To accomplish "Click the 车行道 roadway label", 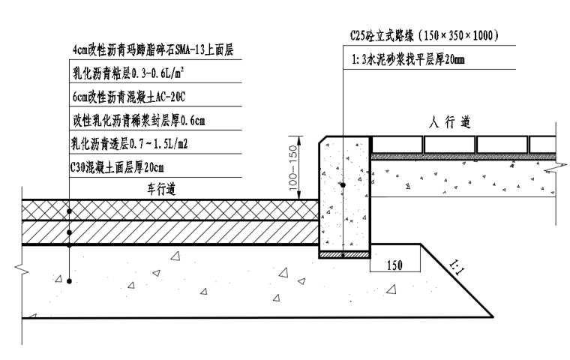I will [161, 189].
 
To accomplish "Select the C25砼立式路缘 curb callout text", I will [424, 35].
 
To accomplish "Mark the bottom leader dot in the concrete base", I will [69, 281].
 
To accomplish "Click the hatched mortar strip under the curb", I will [343, 255].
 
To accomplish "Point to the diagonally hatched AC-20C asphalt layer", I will [165, 232].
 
